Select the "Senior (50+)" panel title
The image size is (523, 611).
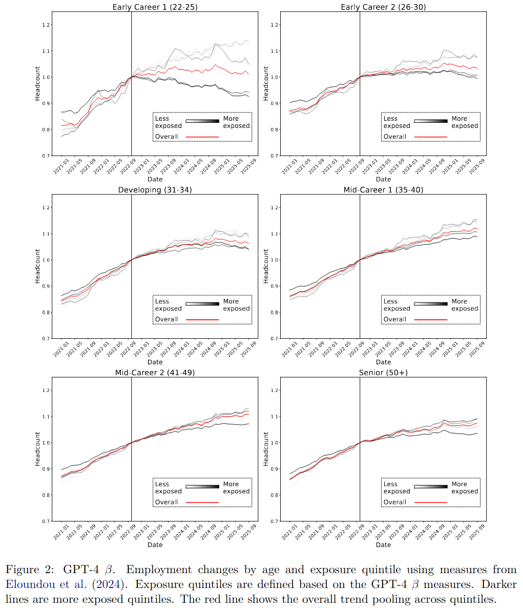(383, 373)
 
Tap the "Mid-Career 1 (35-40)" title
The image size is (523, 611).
(383, 190)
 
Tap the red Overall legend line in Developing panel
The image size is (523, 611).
(202, 319)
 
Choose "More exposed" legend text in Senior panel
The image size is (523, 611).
(465, 488)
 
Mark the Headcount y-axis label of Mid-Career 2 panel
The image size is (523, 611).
(37, 449)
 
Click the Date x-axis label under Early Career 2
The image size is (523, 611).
(383, 179)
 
